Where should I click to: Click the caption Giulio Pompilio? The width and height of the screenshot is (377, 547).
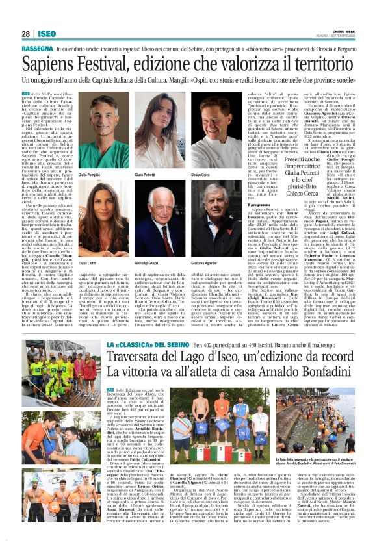pos(94,175)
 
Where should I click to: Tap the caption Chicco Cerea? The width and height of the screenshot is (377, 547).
pos(201,175)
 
